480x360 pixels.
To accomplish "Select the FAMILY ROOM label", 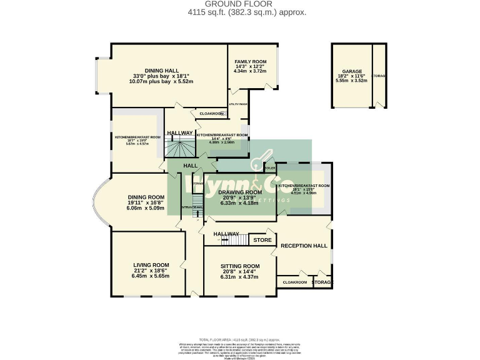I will coord(249,62).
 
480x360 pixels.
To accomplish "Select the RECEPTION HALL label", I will coord(304,246).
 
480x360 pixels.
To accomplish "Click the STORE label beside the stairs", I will coord(262,239).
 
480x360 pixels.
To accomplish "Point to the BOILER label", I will coord(270,168).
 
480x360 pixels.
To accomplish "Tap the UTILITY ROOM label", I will coord(238,104).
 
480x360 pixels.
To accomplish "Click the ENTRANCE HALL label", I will coord(191,207).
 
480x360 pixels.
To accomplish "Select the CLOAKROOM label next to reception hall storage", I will coord(295,282).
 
